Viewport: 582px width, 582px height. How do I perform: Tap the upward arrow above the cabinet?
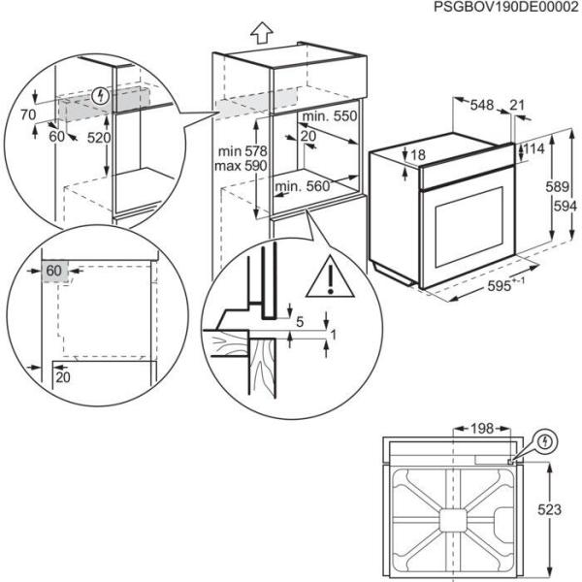click(259, 32)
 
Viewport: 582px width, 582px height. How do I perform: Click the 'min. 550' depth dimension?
click(329, 116)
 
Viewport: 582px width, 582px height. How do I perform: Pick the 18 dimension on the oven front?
click(418, 155)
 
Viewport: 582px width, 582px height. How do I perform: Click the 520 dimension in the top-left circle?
click(98, 138)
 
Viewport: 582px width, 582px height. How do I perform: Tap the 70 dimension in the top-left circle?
click(28, 115)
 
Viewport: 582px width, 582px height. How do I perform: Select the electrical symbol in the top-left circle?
click(103, 95)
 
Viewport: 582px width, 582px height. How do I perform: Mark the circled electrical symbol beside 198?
click(547, 442)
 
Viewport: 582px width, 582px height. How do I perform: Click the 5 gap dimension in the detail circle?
click(300, 321)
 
